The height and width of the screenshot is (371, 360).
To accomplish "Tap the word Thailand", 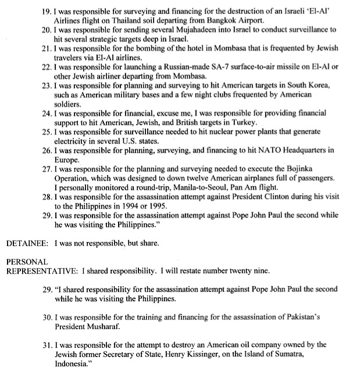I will (x=119, y=18).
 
